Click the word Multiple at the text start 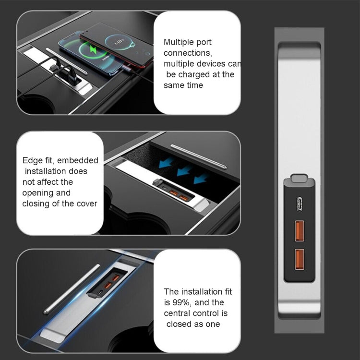[178, 42]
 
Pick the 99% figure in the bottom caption [179, 303]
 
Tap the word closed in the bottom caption [180, 324]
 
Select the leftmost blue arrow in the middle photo [166, 163]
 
